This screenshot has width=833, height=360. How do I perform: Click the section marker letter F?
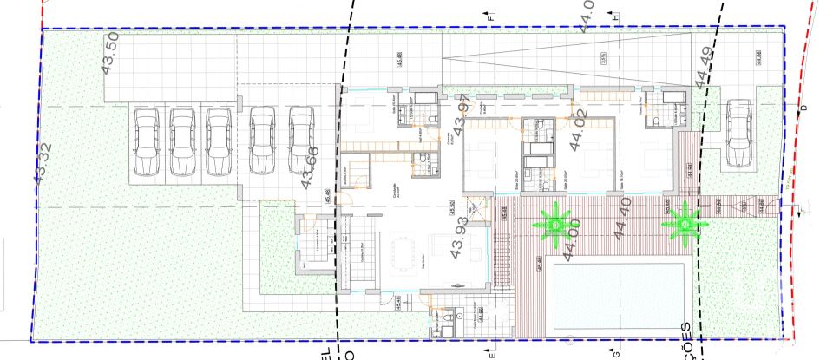tap(491, 16)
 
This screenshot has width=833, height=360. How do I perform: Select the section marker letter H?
tap(614, 16)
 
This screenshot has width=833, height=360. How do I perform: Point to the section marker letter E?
tap(491, 354)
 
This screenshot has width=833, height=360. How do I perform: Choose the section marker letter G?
tap(614, 354)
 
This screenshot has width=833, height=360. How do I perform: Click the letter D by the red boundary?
tap(803, 108)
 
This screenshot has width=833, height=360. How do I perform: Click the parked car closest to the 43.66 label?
tap(300, 140)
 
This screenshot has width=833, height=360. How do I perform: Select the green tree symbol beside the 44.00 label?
tap(553, 223)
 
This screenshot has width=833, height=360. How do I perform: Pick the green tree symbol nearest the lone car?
tap(685, 223)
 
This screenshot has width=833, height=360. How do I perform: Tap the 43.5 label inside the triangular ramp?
tap(602, 59)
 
